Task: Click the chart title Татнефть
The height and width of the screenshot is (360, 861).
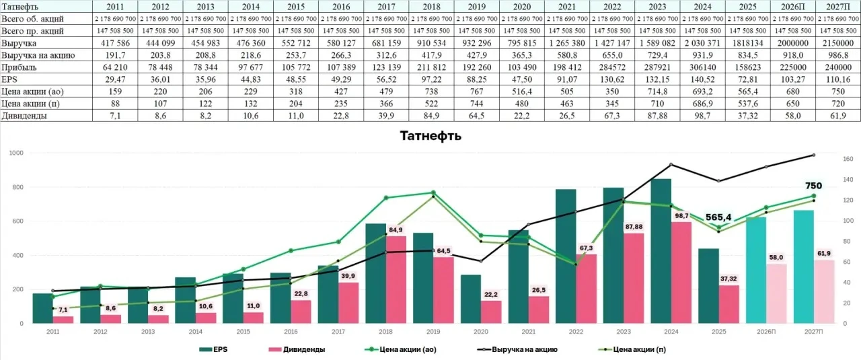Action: tap(430, 136)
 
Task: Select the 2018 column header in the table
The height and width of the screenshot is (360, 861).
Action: tap(431, 7)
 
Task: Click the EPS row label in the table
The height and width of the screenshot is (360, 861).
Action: tap(9, 79)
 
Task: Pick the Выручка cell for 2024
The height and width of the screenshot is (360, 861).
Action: tap(702, 43)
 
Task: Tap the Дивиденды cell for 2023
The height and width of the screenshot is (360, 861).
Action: tap(657, 116)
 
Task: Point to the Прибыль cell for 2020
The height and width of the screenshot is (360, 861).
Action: tap(521, 67)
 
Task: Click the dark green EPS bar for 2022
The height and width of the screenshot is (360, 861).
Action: tap(566, 256)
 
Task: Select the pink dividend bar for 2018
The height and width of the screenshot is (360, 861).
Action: tap(396, 280)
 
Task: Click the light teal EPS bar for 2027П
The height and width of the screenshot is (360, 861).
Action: tap(804, 266)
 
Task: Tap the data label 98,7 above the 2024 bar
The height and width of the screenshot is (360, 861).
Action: tap(681, 216)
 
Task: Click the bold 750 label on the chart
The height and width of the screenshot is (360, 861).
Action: tap(813, 186)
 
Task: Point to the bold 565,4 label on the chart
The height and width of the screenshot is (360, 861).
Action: tap(718, 218)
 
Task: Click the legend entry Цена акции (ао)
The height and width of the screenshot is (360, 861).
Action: tap(400, 350)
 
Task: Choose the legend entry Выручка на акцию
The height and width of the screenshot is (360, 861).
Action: tap(517, 350)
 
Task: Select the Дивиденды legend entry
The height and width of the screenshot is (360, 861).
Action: tap(297, 350)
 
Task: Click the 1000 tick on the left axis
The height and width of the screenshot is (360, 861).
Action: tap(16, 153)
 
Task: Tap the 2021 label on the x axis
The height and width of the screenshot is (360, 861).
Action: tap(528, 332)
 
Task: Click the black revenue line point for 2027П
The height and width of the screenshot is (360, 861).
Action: tap(814, 155)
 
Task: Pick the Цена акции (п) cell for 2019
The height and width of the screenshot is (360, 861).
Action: tap(477, 104)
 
